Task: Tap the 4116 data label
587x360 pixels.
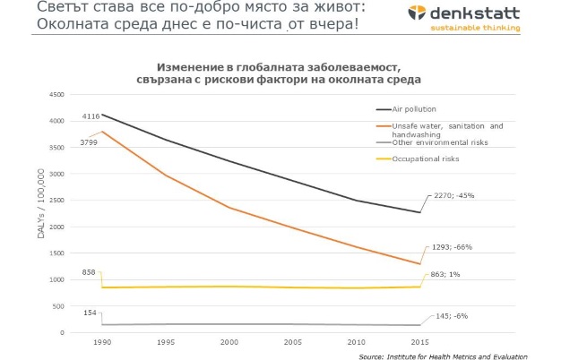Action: [x=91, y=116]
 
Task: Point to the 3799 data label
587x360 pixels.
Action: [x=89, y=141]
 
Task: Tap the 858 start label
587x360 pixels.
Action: [x=89, y=270]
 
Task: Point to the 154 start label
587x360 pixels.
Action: [x=90, y=313]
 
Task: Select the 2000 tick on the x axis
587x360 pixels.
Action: [x=229, y=342]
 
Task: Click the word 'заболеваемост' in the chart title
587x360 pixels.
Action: [x=343, y=67]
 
